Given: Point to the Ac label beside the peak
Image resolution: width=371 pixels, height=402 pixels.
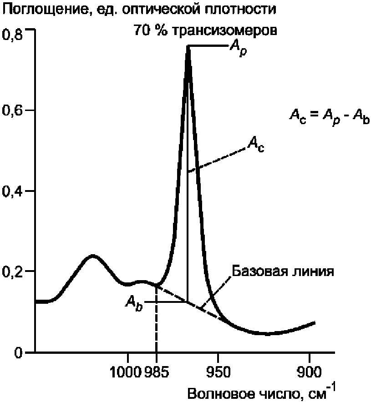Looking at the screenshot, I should [256, 146].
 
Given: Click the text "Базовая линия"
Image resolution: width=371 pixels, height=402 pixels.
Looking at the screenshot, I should [284, 271].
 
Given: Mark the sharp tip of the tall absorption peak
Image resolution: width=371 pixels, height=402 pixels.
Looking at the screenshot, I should [188, 46].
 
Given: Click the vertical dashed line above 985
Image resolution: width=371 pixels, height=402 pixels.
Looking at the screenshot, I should [156, 323].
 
